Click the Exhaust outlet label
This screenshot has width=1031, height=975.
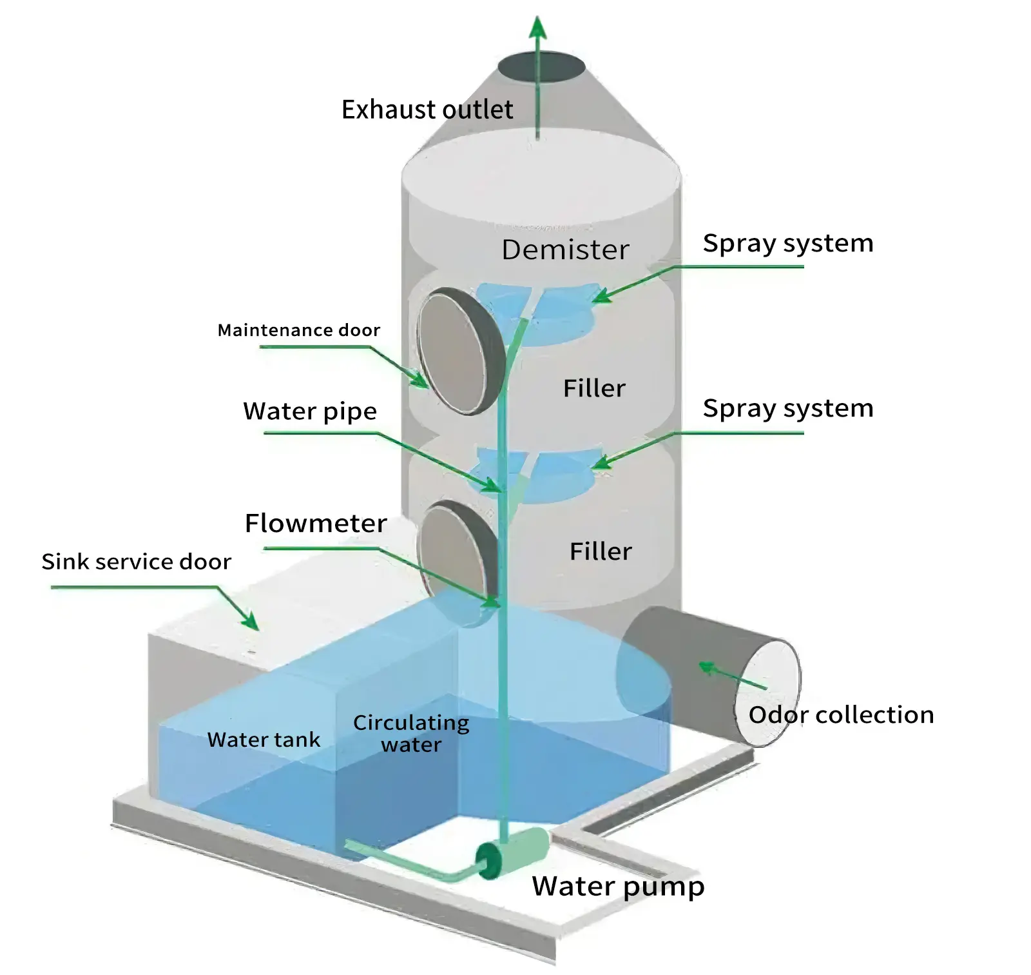[x=427, y=110]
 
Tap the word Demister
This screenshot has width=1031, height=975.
[x=565, y=250]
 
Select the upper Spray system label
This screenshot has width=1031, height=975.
[x=787, y=244]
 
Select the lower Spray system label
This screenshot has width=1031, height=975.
[x=787, y=409]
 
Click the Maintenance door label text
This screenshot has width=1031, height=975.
[x=299, y=330]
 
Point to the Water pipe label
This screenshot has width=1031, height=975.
[x=310, y=411]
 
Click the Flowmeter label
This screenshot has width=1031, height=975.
[x=316, y=523]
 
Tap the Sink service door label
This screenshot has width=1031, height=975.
[x=136, y=562]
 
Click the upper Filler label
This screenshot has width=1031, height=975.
[x=594, y=388]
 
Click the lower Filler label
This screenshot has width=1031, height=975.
[x=601, y=551]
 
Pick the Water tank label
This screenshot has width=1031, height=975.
[x=264, y=740]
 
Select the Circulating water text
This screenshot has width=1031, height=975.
[x=411, y=733]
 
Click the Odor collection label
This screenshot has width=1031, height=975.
[x=840, y=715]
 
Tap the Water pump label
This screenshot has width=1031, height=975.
[x=617, y=887]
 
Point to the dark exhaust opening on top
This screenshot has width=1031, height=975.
[x=541, y=67]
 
